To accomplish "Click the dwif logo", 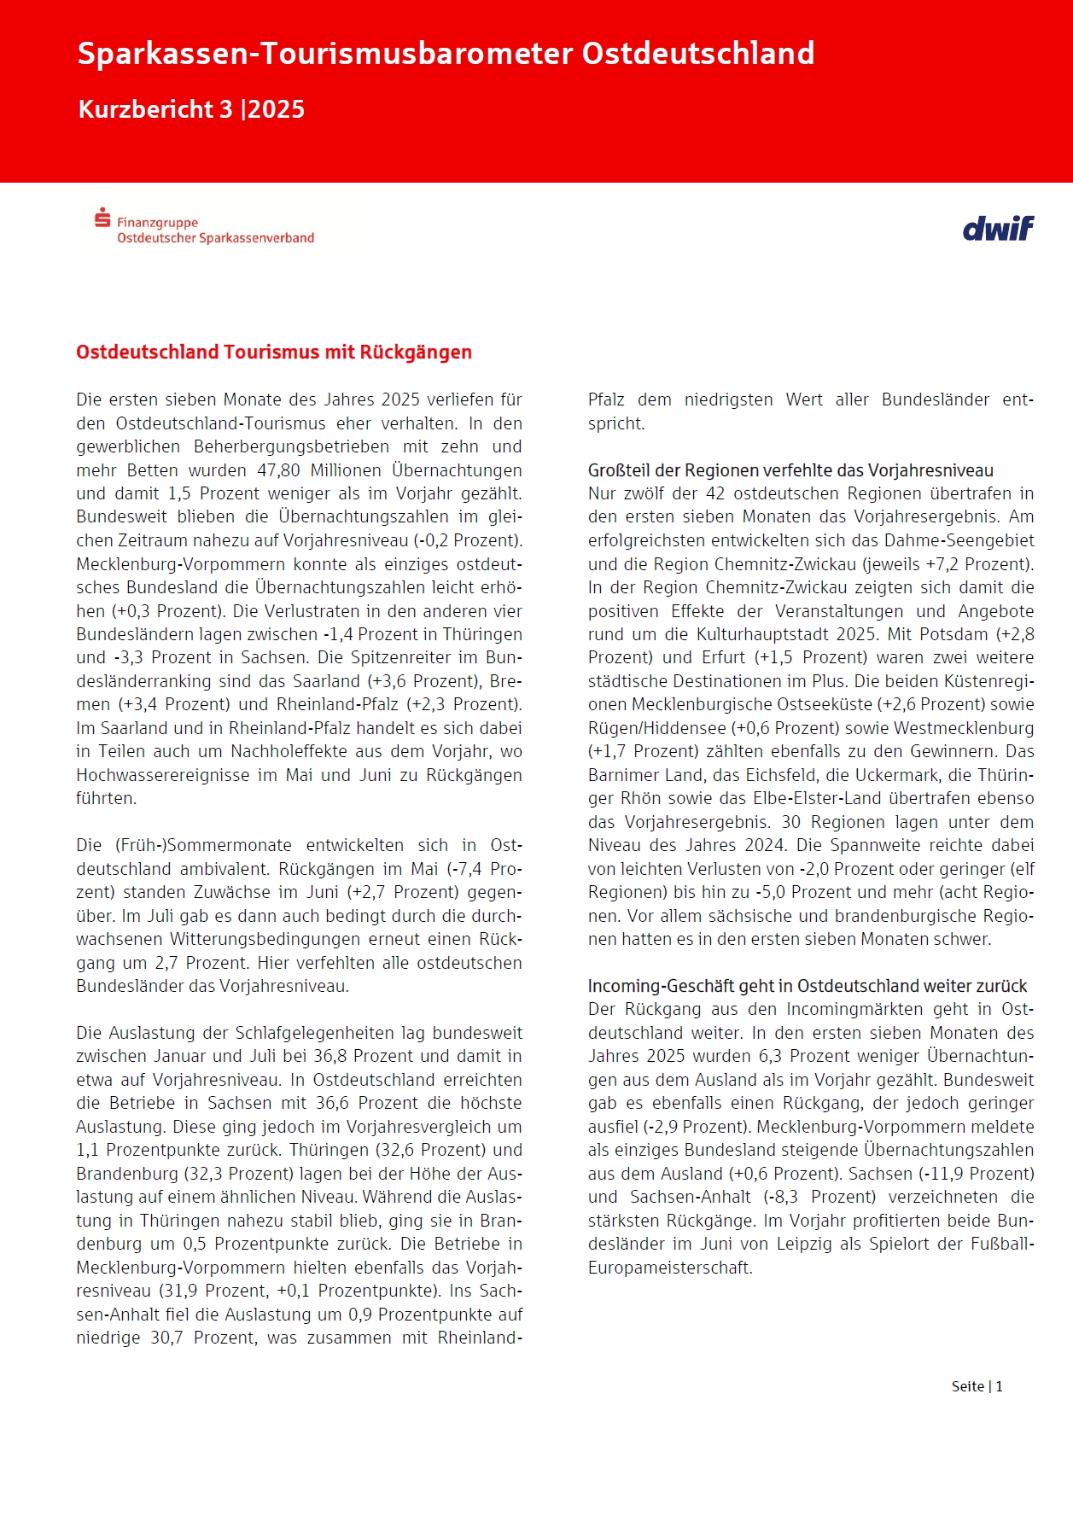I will [x=998, y=229].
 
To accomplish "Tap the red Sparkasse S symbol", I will [x=102, y=218].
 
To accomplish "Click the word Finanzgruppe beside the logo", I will [x=157, y=223].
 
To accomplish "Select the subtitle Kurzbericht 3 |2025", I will [x=191, y=109].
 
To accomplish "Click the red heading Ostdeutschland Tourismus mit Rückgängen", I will [x=274, y=353].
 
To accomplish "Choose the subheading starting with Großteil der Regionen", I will [x=790, y=470].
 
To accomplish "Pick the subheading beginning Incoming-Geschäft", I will [x=808, y=986].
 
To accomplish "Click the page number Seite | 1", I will [x=977, y=1386].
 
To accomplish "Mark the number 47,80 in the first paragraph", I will [x=279, y=470].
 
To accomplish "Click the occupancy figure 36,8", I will [x=330, y=1056].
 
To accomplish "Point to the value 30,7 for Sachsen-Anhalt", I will [x=166, y=1338].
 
